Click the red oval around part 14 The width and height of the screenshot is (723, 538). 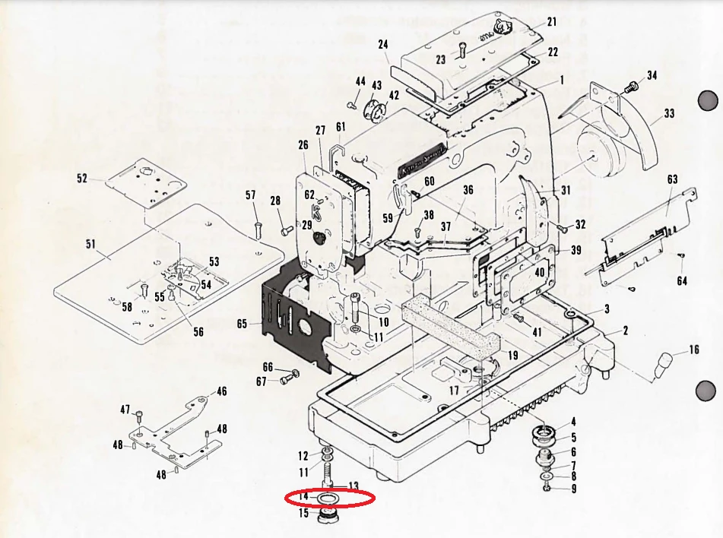pyautogui.click(x=330, y=498)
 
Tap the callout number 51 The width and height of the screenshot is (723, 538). pyautogui.click(x=90, y=244)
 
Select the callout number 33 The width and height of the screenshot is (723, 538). pyautogui.click(x=668, y=114)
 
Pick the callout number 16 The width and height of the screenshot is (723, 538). pyautogui.click(x=694, y=350)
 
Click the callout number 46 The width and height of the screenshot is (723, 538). pyautogui.click(x=221, y=391)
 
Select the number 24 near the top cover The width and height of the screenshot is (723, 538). pyautogui.click(x=383, y=45)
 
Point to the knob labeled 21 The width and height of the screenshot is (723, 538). pyautogui.click(x=502, y=29)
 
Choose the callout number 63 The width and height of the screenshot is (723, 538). pyautogui.click(x=672, y=179)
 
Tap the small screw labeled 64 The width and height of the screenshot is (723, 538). pyautogui.click(x=681, y=256)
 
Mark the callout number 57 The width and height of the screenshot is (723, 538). pyautogui.click(x=250, y=195)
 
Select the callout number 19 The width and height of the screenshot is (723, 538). pyautogui.click(x=512, y=355)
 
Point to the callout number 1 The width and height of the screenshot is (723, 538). pyautogui.click(x=561, y=80)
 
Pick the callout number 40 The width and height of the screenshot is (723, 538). pyautogui.click(x=540, y=272)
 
